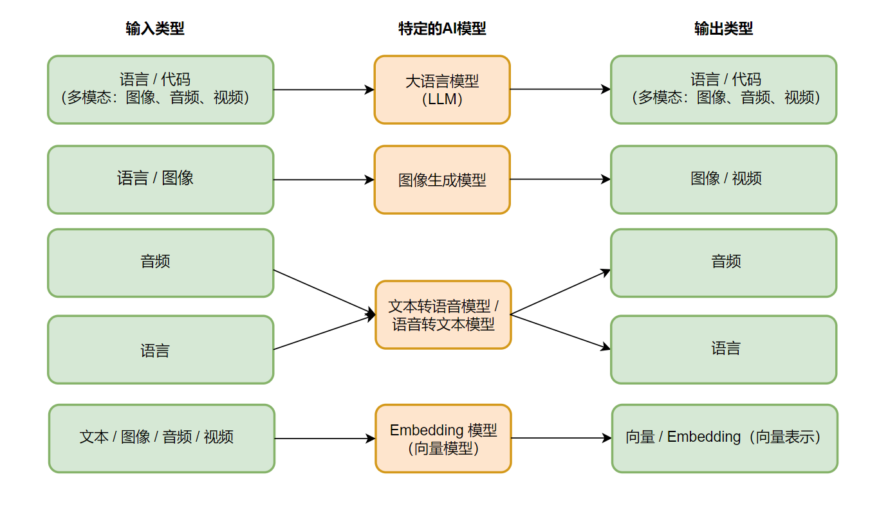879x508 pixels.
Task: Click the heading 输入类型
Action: pos(154,29)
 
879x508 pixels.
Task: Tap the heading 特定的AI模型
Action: pos(442,29)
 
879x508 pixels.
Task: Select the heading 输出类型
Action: pos(724,29)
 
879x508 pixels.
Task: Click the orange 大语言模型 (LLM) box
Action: pos(442,90)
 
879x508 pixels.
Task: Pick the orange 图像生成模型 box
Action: pos(442,179)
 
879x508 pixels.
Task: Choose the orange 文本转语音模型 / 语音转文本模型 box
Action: pos(443,314)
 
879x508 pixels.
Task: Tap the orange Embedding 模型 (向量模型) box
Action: pos(443,439)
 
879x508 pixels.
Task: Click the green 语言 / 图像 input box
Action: pos(160,179)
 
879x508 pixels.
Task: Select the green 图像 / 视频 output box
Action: pos(724,179)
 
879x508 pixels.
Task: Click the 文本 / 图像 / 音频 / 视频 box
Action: pos(162,439)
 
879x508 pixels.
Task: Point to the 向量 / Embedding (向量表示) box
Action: pos(725,439)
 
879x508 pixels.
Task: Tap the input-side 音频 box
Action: pos(160,263)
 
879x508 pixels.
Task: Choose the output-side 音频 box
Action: pos(724,263)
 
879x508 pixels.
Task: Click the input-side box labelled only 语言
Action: pos(160,350)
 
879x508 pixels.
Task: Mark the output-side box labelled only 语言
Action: pos(724,350)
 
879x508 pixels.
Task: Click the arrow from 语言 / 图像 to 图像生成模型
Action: pos(324,179)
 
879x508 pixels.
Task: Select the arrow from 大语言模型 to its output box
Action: pos(560,89)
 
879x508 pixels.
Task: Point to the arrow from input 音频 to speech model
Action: pos(324,292)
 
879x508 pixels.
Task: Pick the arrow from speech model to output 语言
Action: pos(560,332)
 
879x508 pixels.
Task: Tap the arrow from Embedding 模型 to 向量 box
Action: pos(562,438)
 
